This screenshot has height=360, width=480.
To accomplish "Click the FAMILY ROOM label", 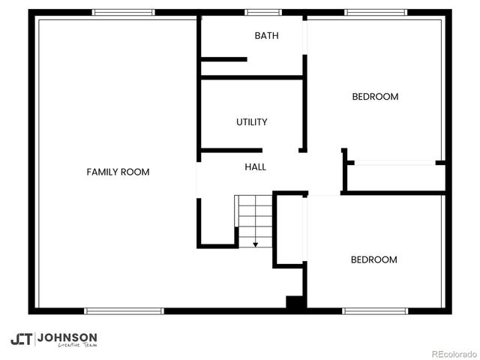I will pyautogui.click(x=118, y=172).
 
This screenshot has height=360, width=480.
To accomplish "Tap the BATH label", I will pyautogui.click(x=267, y=35).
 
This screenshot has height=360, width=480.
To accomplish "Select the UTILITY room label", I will pyautogui.click(x=252, y=121).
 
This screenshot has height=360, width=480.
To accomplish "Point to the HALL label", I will pyautogui.click(x=255, y=167).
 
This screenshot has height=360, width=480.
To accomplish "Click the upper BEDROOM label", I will pyautogui.click(x=375, y=97).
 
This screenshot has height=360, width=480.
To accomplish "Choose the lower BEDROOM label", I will pyautogui.click(x=373, y=259).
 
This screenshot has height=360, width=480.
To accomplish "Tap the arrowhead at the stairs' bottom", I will pyautogui.click(x=255, y=244).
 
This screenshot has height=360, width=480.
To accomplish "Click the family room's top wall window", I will pyautogui.click(x=124, y=12).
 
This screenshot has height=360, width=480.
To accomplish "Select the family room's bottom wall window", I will pyautogui.click(x=124, y=310).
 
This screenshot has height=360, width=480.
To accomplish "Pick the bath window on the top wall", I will pyautogui.click(x=263, y=12).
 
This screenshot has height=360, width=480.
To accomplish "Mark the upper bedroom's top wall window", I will pyautogui.click(x=376, y=12).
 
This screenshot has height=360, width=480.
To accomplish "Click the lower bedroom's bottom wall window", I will pyautogui.click(x=375, y=310).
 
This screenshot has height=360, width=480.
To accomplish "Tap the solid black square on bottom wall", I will pyautogui.click(x=295, y=303).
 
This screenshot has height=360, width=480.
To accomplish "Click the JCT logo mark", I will pyautogui.click(x=21, y=339).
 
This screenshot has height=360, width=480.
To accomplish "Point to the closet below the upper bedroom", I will pyautogui.click(x=394, y=177).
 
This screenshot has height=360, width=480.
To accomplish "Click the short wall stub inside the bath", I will pyautogui.click(x=223, y=59).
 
